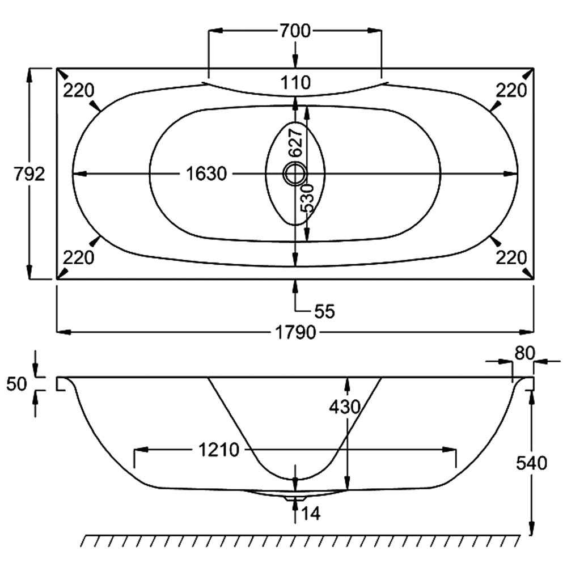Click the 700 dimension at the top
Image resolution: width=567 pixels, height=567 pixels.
pos(295,31)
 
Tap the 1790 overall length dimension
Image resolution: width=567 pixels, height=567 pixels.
pos(295,332)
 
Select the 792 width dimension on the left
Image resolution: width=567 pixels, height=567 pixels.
pos(29,174)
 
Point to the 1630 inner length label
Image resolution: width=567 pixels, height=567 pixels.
pos(206,174)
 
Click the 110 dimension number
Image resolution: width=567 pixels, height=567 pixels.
pos(295,83)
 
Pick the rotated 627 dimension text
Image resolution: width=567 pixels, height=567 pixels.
pos(295,142)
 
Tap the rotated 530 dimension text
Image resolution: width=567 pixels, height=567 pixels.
pos(307,198)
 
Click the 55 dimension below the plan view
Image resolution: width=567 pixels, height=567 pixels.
pos(324,311)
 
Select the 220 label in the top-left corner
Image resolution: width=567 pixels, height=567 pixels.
pos(78,90)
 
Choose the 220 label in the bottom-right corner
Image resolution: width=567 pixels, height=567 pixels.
pos(511,258)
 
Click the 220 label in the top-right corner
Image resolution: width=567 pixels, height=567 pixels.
pos(511,90)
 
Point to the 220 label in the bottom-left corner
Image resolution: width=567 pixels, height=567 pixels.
pos(78,258)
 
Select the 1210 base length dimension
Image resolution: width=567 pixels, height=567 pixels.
pos(218,450)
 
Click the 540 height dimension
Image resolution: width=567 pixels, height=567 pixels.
pos(531,463)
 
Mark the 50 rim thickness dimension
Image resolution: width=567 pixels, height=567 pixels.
pos(18,384)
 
